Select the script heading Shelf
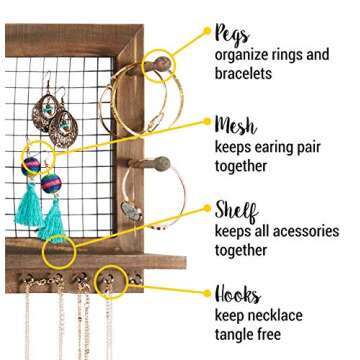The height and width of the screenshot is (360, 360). click(236, 211)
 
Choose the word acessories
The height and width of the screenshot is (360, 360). click(300, 231)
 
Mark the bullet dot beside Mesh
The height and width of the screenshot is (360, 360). click(207, 125)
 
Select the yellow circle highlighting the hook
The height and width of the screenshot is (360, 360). click(113, 278)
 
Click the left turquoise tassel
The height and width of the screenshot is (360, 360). click(29, 204)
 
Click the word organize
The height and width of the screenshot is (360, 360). click(247, 54)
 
